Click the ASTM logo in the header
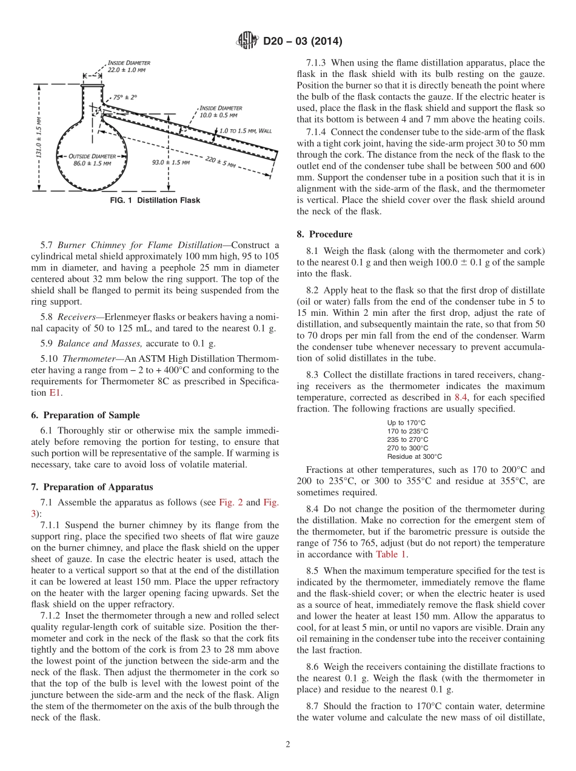pos(247,42)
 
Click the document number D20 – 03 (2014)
pos(303,42)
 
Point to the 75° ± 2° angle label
pos(125,97)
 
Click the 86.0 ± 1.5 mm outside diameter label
pos(92,160)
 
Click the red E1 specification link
pos(55,392)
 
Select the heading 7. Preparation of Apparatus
pos(92,487)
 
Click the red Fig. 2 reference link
pos(229,502)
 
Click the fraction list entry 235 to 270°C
pos(407,439)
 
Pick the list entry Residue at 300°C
pos(414,456)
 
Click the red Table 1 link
pos(391,553)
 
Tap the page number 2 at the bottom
pos(287,744)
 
